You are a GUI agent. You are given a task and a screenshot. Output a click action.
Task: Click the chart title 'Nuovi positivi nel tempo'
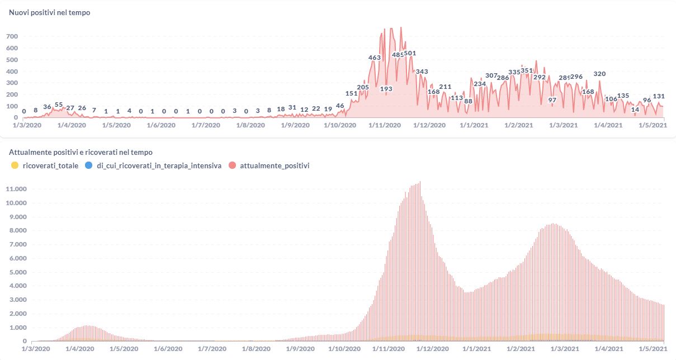[x=50, y=13]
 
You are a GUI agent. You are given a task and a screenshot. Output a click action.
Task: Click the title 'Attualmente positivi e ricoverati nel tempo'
[x=81, y=152]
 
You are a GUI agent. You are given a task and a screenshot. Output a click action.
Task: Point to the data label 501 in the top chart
[x=410, y=54]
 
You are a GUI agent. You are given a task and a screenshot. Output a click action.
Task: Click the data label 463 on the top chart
[x=375, y=58]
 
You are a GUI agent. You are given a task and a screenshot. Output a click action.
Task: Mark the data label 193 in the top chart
[x=386, y=89]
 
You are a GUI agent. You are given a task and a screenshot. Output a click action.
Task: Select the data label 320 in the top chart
[x=599, y=74]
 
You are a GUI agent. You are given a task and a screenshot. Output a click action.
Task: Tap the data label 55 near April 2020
[x=59, y=105]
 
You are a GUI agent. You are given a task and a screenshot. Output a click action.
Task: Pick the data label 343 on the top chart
[x=422, y=72]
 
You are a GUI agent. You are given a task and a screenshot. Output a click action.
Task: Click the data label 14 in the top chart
[x=635, y=110]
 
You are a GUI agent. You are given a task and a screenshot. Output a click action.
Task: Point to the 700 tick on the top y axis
[x=12, y=36]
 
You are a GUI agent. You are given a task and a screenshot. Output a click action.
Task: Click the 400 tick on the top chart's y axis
[x=12, y=72]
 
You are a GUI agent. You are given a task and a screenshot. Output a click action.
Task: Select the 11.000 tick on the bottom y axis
[x=16, y=189]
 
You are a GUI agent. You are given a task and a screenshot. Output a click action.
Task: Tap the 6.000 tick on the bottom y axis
[x=16, y=259]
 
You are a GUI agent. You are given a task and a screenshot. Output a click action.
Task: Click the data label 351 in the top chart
[x=527, y=70]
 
